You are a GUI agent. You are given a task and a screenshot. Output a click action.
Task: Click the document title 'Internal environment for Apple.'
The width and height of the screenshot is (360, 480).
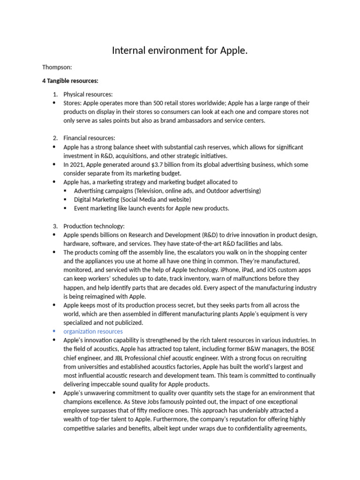point(180,50)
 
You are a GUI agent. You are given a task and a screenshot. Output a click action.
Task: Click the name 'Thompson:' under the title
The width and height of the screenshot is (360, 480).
point(57,67)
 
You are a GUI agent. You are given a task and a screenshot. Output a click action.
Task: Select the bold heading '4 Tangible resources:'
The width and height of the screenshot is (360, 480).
point(70,81)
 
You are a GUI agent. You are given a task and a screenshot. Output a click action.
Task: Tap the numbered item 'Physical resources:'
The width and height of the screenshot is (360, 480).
point(88,94)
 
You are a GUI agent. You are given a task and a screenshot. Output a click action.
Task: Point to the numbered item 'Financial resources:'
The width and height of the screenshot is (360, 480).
point(89,138)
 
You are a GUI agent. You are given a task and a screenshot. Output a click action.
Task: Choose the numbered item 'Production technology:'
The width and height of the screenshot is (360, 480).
point(94,226)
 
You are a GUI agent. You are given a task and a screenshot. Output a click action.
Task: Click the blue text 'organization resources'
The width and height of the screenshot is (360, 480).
point(93,331)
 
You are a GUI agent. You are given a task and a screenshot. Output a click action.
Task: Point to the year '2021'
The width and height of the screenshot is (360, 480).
point(77,165)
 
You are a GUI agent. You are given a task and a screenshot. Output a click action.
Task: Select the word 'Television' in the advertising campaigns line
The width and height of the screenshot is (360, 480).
point(151,191)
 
